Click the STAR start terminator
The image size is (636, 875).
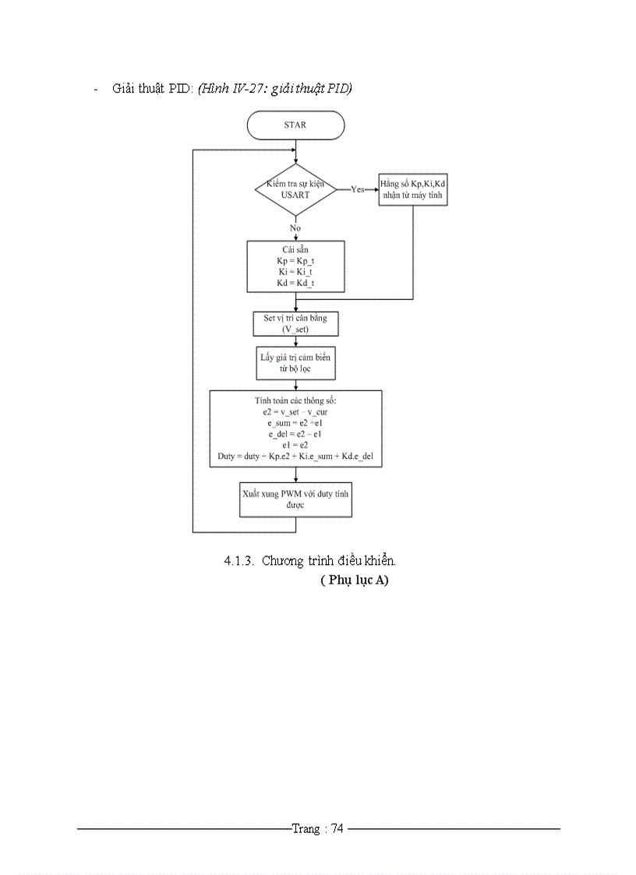point(295,125)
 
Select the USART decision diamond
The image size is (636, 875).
point(295,189)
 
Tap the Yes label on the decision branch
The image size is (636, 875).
point(358,189)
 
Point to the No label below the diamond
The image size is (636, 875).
point(295,228)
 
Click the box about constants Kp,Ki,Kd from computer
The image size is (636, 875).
point(413,189)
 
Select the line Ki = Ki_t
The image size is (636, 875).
point(295,272)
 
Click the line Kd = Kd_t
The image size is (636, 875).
point(295,283)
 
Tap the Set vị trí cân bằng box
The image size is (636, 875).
point(295,323)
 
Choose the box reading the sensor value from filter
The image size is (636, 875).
point(295,362)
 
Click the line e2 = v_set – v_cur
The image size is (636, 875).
point(295,411)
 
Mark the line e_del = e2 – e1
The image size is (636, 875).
point(295,433)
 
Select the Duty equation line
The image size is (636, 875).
point(295,456)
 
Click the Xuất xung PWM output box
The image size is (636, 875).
point(295,499)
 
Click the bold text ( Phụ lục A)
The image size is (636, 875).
point(354,580)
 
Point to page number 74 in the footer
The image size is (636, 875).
point(337,829)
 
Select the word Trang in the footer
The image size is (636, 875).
point(305,829)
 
